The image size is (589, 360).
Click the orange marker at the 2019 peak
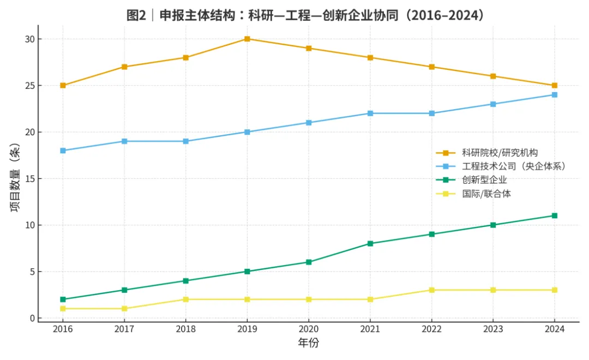247,39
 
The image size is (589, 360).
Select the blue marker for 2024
555,95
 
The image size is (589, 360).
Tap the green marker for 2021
370,244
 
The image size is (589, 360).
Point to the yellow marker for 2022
432,290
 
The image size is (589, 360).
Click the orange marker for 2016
63,86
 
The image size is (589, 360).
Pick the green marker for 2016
63,299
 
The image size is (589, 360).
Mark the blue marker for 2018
185,141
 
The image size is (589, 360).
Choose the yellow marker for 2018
185,299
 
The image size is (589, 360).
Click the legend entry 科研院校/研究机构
500,153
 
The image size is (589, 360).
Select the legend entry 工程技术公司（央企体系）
513,166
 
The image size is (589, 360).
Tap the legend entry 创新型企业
484,180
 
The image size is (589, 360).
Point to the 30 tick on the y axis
29,39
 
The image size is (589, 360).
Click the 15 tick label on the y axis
29,179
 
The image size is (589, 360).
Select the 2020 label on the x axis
309,329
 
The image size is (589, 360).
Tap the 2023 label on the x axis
493,329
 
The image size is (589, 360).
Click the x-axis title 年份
308,344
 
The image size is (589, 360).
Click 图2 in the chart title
135,15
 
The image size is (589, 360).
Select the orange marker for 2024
555,86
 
